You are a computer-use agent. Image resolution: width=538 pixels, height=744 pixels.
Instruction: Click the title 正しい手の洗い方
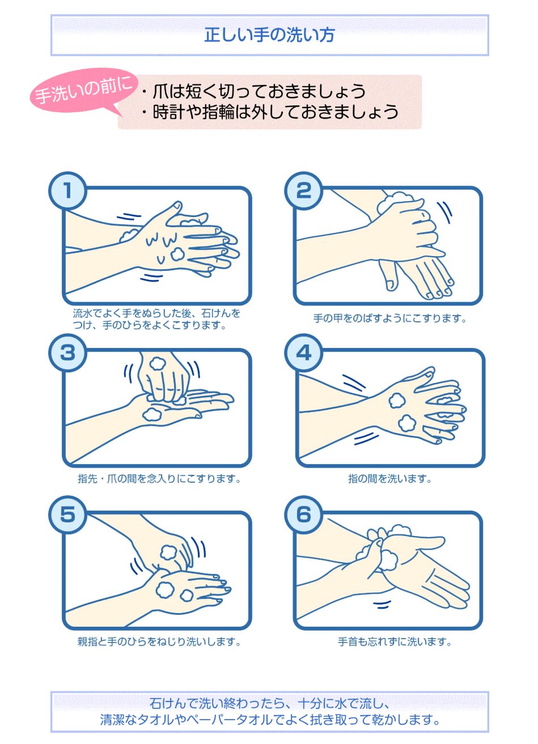tap(269, 35)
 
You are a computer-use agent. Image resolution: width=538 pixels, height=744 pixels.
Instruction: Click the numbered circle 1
tap(68, 190)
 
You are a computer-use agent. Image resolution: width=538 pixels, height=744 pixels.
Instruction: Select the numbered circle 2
tap(303, 190)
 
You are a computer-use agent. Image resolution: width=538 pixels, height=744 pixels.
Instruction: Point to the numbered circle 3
tap(68, 353)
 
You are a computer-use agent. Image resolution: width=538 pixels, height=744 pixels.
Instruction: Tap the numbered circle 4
tap(303, 353)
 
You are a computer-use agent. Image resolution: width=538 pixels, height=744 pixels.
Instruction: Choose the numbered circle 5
tap(68, 515)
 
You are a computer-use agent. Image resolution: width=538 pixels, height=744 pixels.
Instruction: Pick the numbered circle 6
tap(303, 515)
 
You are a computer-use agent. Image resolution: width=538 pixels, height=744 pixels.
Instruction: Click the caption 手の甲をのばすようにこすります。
tap(390, 318)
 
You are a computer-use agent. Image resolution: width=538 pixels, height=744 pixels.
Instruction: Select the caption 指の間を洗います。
tap(390, 479)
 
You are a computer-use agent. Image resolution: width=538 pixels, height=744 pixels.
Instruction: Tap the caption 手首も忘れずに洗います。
tap(395, 641)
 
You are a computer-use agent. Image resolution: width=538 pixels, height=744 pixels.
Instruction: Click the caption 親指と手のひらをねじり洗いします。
tap(159, 641)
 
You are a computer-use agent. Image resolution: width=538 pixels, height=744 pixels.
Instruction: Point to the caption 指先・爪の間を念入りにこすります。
tap(159, 479)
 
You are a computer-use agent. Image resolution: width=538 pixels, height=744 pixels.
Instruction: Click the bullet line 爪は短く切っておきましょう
tap(253, 91)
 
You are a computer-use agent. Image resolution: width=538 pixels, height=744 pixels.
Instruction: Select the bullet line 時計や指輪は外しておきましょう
tap(269, 111)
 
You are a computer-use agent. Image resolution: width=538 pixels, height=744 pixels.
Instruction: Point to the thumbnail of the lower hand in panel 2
tap(391, 284)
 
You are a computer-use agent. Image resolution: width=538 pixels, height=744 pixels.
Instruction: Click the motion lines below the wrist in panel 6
tap(382, 605)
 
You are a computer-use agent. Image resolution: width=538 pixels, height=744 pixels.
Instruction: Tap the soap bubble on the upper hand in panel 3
tap(157, 363)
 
